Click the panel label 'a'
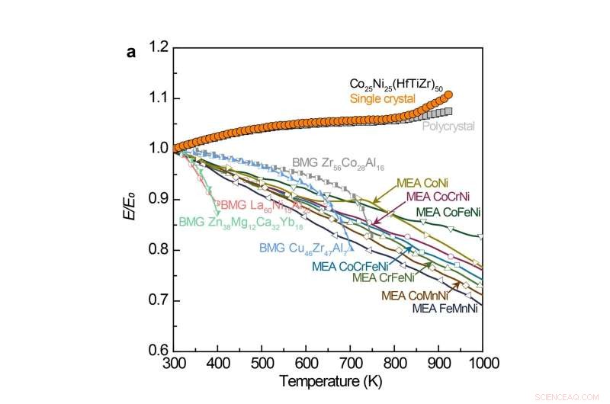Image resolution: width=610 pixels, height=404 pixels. coord(131,53)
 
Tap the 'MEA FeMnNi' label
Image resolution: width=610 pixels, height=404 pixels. coord(445,309)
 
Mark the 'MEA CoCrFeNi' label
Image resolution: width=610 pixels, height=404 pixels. coord(350,266)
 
